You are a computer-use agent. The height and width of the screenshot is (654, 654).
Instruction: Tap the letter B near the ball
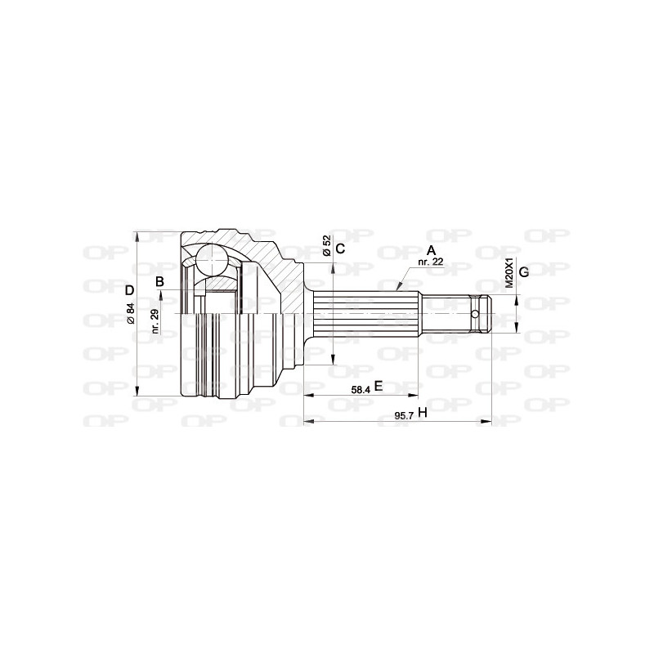[x=160, y=282]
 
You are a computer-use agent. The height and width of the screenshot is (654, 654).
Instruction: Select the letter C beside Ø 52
[x=341, y=248]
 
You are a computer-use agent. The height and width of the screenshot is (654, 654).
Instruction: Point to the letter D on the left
[x=128, y=290]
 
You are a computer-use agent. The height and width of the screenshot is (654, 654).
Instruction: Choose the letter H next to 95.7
[x=422, y=413]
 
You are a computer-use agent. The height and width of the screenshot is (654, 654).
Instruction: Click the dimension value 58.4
[x=361, y=390]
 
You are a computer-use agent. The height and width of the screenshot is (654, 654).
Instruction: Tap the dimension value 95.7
[x=404, y=415]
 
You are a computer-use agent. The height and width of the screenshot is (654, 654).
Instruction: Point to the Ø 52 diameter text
[x=327, y=247]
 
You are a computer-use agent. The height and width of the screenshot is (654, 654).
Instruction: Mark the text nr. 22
[x=430, y=262]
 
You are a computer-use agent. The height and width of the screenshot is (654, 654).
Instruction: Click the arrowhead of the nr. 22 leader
[x=398, y=289]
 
